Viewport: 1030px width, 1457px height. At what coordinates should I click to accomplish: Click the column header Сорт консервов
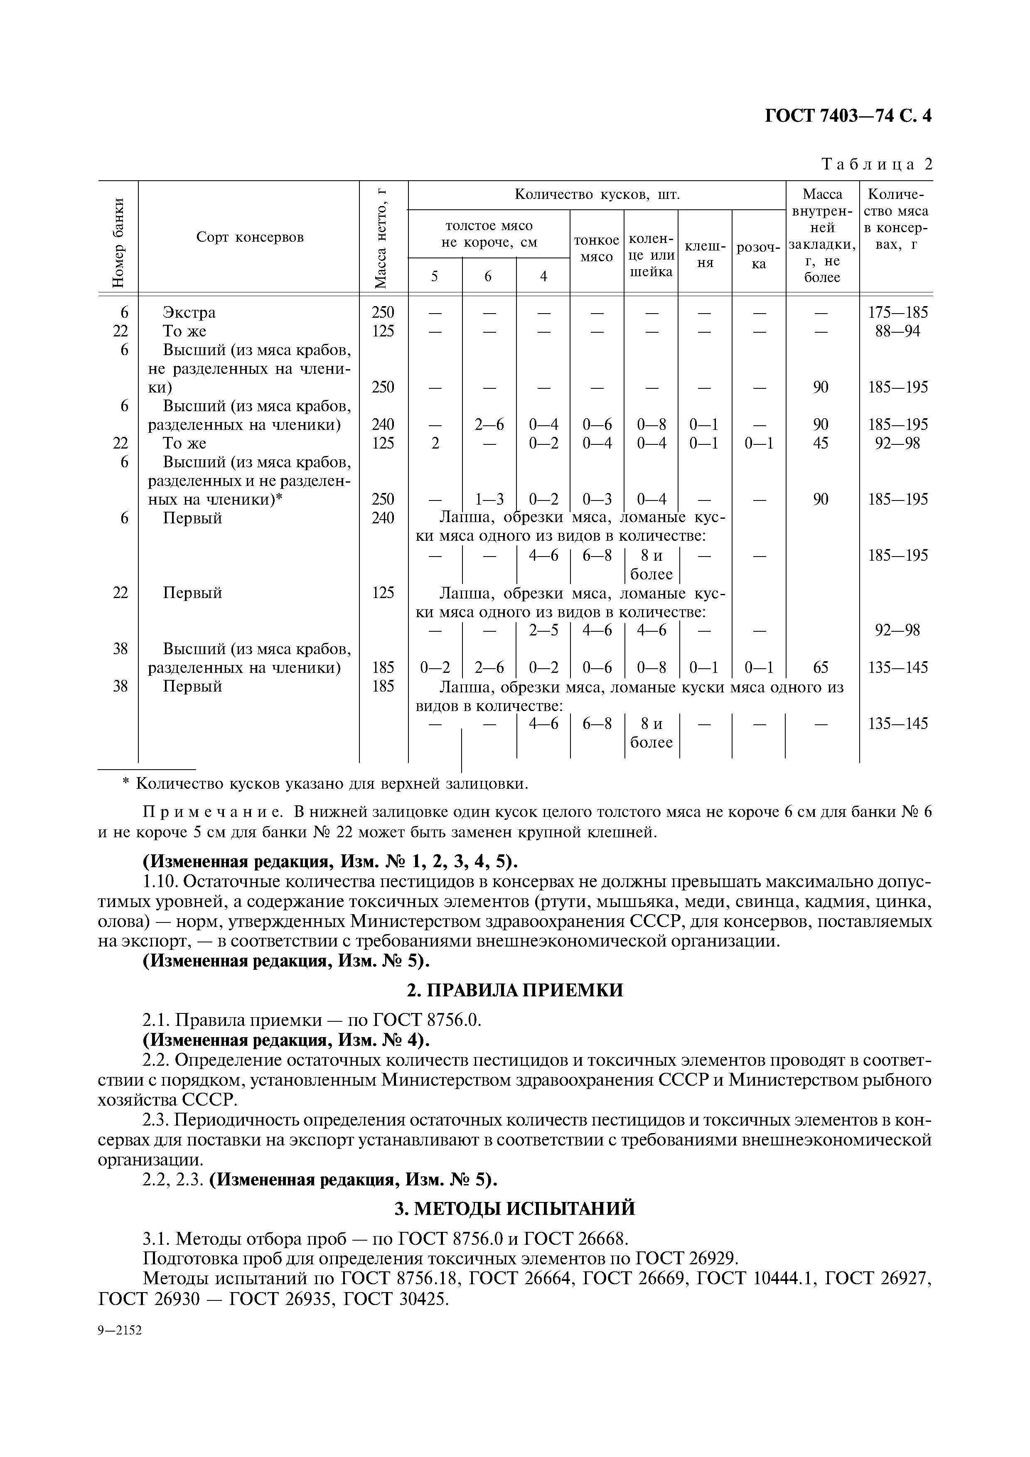[249, 237]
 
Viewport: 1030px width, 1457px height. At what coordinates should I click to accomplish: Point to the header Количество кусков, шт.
[597, 194]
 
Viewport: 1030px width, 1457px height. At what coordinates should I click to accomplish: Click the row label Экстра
[189, 313]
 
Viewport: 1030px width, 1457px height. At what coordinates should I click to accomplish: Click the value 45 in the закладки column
[821, 443]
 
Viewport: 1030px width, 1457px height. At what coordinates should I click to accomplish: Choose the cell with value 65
[821, 667]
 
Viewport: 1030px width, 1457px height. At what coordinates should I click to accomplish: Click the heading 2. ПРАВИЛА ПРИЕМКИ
[515, 990]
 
